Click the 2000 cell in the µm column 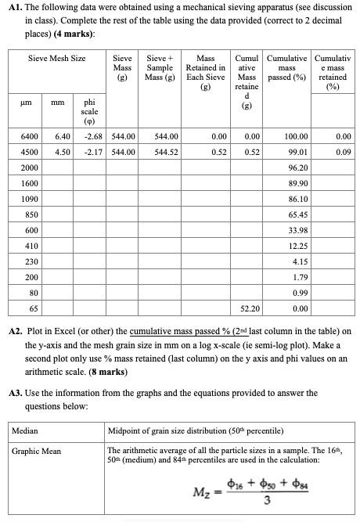[31, 168]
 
